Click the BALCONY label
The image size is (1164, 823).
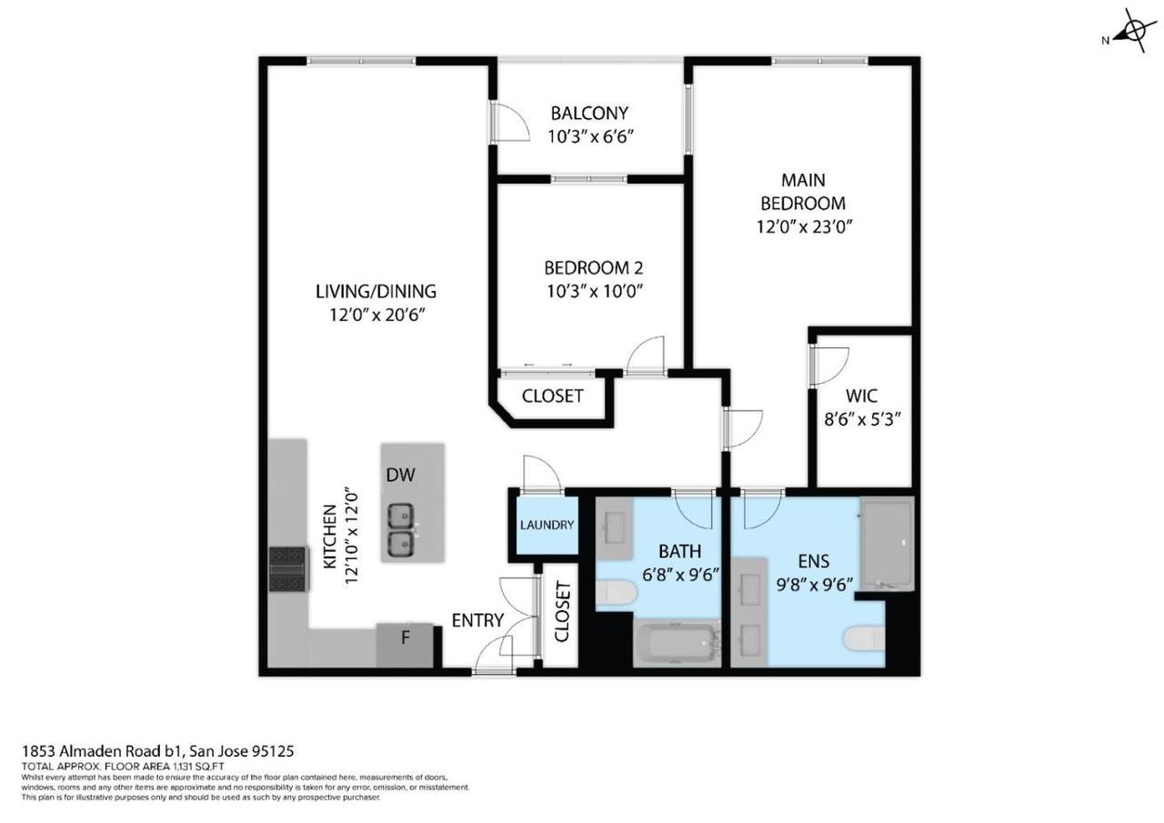[x=589, y=113]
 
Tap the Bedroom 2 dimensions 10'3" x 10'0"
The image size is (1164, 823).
[x=595, y=291]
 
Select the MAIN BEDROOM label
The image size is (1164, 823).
[x=803, y=192]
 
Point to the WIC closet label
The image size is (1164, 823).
[x=861, y=396]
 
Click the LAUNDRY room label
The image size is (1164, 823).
[x=547, y=525]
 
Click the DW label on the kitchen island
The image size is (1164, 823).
[x=401, y=475]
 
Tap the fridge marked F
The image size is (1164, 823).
[x=405, y=645]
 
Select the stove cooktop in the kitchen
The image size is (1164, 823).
[x=289, y=569]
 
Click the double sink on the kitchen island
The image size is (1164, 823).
[x=401, y=530]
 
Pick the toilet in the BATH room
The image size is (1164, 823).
[x=616, y=593]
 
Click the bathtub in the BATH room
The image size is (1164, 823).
[x=677, y=643]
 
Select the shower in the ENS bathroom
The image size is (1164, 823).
[x=887, y=544]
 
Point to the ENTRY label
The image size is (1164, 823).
[x=477, y=620]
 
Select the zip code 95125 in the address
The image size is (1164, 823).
[x=273, y=751]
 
